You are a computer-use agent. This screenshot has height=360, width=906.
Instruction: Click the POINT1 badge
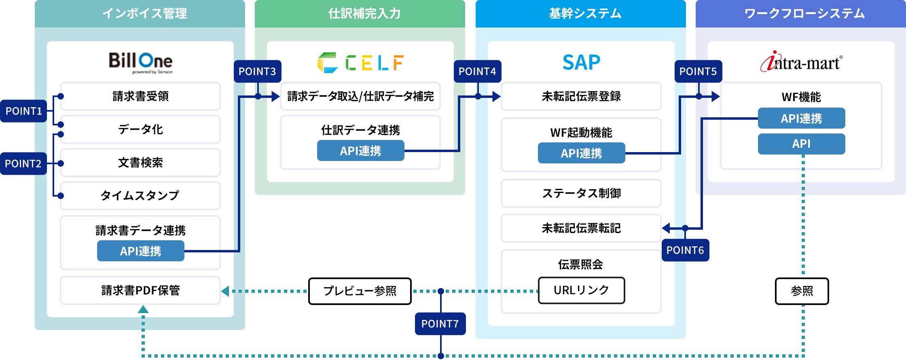click(x=23, y=111)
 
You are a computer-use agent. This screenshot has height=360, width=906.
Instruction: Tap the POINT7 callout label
click(x=440, y=324)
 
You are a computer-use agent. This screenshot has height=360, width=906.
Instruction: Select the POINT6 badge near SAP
click(x=685, y=250)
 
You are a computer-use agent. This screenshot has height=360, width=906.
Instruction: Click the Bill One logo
click(x=140, y=62)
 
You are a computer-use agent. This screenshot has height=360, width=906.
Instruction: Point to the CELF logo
click(x=360, y=63)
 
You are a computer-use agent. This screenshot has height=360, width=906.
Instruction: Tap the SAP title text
click(x=581, y=62)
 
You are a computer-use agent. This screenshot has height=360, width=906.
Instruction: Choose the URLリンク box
click(x=581, y=290)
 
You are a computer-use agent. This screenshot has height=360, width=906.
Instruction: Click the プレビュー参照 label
click(x=360, y=291)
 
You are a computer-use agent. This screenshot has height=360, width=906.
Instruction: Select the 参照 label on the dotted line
click(x=802, y=291)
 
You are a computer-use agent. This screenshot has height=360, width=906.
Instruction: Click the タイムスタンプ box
click(x=140, y=195)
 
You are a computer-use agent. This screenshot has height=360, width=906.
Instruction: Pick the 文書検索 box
click(x=140, y=163)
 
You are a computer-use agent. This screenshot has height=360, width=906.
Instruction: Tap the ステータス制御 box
click(x=581, y=193)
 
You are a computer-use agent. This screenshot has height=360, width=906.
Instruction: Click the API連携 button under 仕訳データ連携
click(x=360, y=151)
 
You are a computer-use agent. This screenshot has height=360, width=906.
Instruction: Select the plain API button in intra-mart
click(x=801, y=144)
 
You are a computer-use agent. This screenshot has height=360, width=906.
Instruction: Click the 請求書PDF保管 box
click(x=140, y=290)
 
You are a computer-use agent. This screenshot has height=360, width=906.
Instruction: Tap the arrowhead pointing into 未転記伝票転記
click(x=666, y=228)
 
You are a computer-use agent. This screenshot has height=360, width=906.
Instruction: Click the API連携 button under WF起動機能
click(x=581, y=153)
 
